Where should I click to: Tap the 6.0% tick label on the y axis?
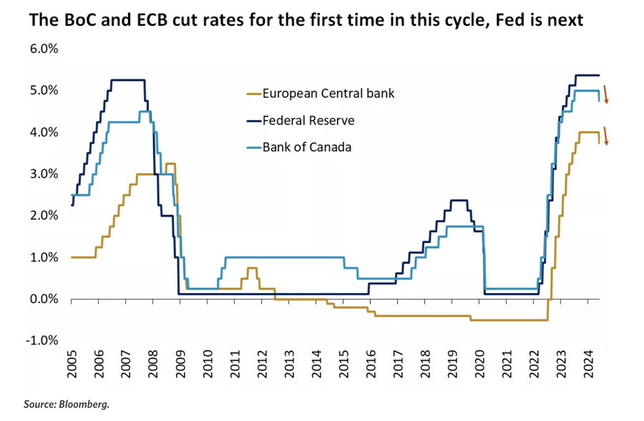coord(44,49)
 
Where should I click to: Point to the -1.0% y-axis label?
coord(42,340)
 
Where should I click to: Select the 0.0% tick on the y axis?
coord(44,299)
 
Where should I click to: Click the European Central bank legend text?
coord(328,93)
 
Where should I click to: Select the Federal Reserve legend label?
coord(308,120)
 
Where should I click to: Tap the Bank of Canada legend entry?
coord(307,147)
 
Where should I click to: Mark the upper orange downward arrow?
coord(605,94)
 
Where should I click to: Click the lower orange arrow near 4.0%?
coord(605,136)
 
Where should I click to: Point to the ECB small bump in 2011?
coord(251,269)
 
